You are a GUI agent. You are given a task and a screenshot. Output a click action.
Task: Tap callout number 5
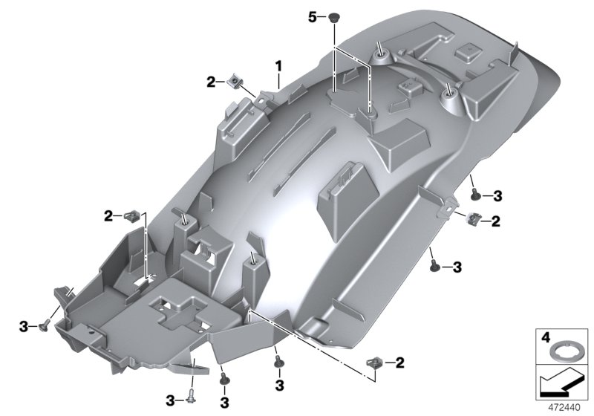pos(313,16)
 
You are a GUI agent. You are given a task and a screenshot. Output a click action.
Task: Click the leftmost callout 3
pos(24,325)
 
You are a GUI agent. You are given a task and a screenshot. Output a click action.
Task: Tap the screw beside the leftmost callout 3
pos(44,324)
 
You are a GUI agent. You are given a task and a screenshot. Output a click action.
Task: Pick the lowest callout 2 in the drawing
pos(399,363)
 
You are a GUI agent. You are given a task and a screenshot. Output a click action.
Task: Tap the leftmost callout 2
pos(109,215)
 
